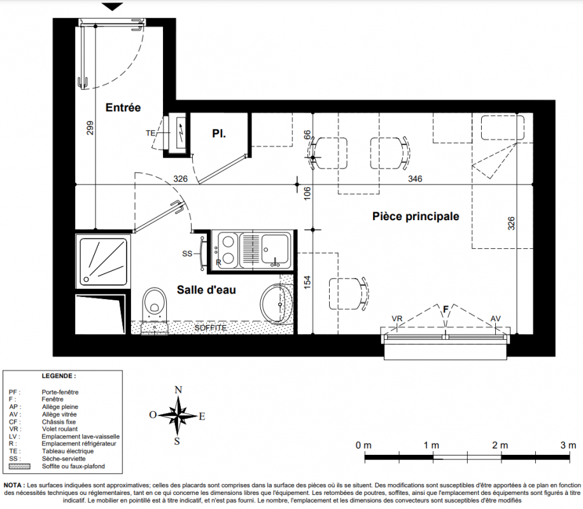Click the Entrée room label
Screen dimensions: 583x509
123,108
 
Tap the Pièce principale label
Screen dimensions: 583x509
416,216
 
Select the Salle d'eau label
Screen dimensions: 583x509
206,290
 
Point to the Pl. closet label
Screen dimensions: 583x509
219,134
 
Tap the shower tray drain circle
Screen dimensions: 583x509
87,279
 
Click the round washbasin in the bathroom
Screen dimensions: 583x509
276,303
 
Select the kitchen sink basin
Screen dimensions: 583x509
274,249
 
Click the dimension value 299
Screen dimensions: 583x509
90,128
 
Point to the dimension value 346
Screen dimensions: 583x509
415,179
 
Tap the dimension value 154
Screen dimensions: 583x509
307,282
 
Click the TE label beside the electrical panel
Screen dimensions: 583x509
151,133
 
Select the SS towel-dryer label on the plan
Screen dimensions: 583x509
187,254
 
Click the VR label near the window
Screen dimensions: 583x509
397,319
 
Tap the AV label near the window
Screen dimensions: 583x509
495,319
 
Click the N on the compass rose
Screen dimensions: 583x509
178,389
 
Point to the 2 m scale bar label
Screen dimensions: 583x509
500,445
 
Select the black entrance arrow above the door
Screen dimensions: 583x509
112,7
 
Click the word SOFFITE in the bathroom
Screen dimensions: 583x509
211,328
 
